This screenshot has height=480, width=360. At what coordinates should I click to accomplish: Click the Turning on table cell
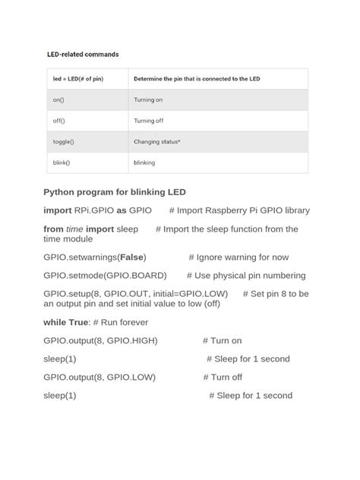148,99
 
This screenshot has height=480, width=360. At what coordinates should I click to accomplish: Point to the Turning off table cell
149,121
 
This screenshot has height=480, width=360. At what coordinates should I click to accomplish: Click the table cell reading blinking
144,163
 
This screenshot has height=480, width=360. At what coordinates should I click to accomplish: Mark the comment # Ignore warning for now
238,257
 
